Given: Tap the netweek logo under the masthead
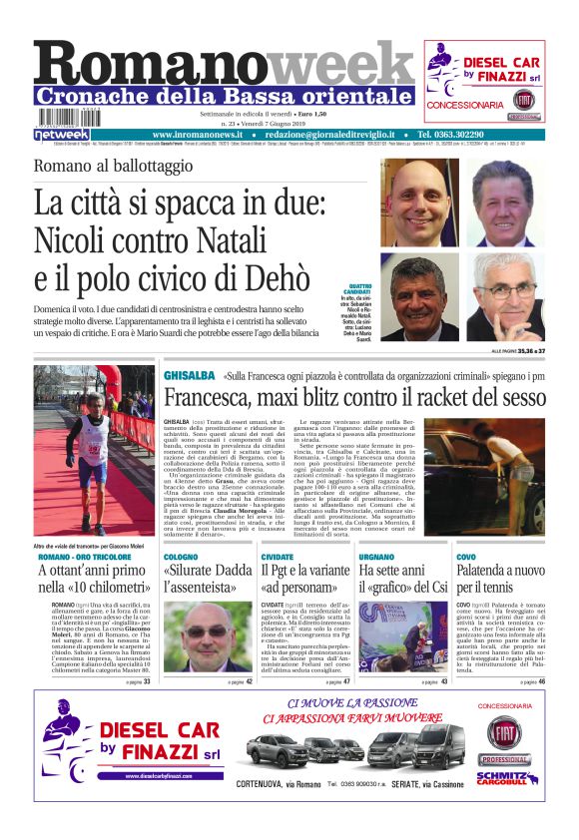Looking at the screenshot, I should tap(62, 134).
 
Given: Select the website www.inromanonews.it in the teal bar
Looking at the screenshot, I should tap(199, 134).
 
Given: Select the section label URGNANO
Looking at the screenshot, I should tap(376, 556).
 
